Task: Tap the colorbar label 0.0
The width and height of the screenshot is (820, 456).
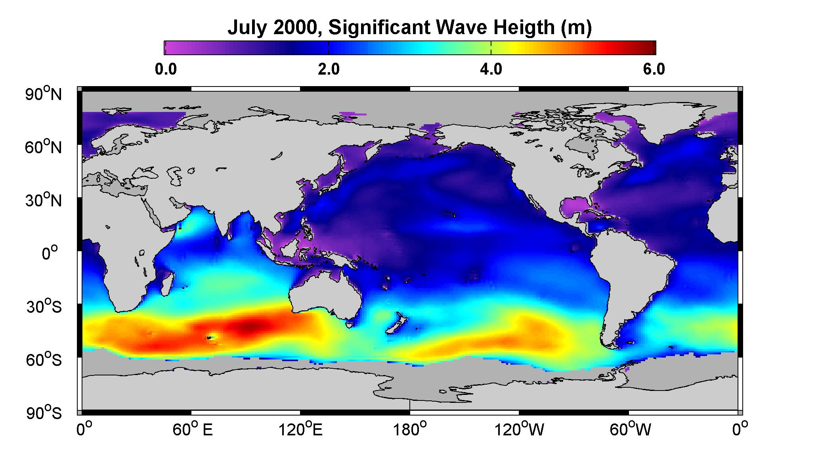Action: pyautogui.click(x=166, y=69)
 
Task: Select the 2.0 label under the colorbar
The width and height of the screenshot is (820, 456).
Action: pyautogui.click(x=329, y=69)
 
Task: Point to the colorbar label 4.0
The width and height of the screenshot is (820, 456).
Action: pyautogui.click(x=491, y=69)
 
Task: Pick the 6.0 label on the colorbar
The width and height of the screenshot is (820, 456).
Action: pyautogui.click(x=654, y=69)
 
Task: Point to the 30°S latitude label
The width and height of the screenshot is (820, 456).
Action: pyautogui.click(x=44, y=306)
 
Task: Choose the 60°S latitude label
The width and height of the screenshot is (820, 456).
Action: pyautogui.click(x=44, y=360)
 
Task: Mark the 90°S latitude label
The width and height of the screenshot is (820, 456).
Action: pyautogui.click(x=44, y=413)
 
